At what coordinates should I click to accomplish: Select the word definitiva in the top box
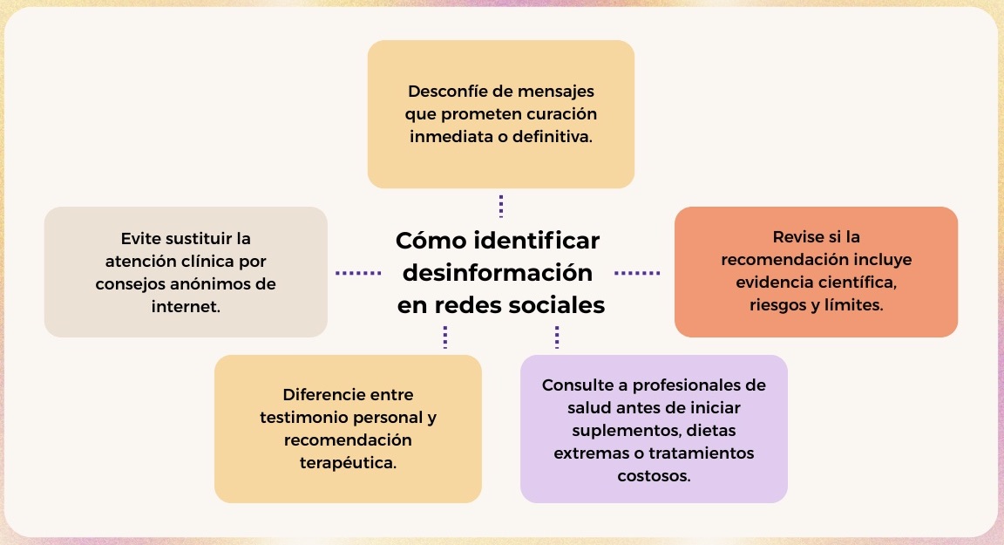click(552, 136)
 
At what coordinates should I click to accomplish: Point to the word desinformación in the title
click(498, 273)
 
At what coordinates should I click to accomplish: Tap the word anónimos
click(216, 283)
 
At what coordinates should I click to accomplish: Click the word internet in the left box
click(186, 307)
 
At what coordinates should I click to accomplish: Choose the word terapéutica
click(349, 462)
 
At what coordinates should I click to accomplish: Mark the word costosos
click(654, 476)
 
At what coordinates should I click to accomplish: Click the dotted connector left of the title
click(358, 274)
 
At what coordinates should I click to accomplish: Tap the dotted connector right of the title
click(637, 274)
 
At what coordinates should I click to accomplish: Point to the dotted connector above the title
click(501, 206)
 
